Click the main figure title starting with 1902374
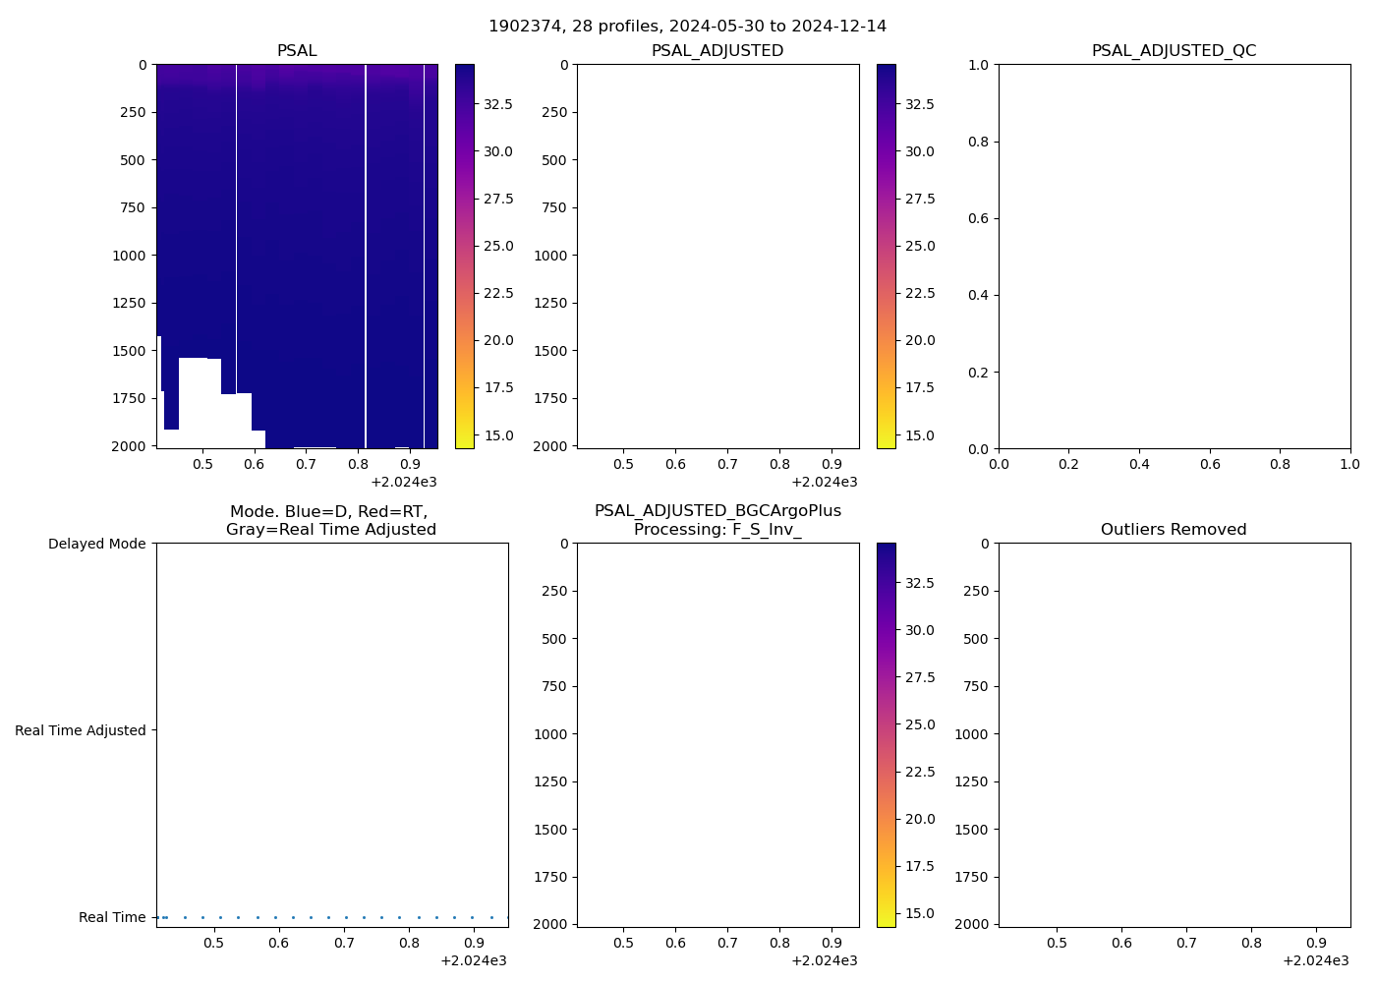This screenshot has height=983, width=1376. (687, 26)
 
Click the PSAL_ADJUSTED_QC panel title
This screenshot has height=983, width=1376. (1174, 50)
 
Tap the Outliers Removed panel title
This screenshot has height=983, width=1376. (1174, 529)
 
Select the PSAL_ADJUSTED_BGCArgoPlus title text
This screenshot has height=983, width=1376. (717, 511)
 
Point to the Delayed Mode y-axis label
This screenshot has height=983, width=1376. (96, 544)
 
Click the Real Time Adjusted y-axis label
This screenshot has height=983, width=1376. (80, 730)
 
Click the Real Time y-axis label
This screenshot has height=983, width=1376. (112, 917)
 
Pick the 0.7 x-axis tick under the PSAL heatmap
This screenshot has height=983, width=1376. (306, 464)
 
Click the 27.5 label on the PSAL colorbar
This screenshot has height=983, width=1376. (498, 199)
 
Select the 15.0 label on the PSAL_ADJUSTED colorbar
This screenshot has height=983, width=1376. (920, 435)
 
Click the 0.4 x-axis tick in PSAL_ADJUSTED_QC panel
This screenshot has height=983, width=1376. (1139, 464)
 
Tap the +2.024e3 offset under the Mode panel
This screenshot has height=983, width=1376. (473, 960)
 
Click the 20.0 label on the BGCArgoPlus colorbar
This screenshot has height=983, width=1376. (920, 819)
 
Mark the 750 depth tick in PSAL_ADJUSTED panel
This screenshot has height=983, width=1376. (553, 207)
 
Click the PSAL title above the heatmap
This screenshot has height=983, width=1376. (297, 50)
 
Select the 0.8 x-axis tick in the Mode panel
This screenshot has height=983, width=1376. (409, 943)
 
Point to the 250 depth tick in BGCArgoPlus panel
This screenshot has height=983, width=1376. (553, 591)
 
